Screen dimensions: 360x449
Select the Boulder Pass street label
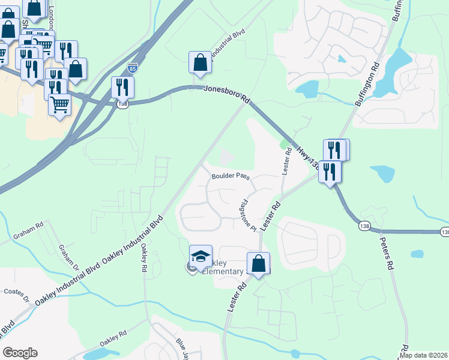tap(230, 176)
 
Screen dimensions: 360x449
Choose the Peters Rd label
tap(387, 252)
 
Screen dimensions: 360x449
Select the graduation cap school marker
tap(200, 257)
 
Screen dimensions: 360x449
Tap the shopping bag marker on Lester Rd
tap(258, 264)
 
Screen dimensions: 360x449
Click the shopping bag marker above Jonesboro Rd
tap(200, 64)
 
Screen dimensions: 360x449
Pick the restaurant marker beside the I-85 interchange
tap(122, 88)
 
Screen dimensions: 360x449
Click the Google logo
tap(20, 353)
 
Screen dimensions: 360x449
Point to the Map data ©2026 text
tap(424, 355)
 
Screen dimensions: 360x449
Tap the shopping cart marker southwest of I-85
tap(60, 106)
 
